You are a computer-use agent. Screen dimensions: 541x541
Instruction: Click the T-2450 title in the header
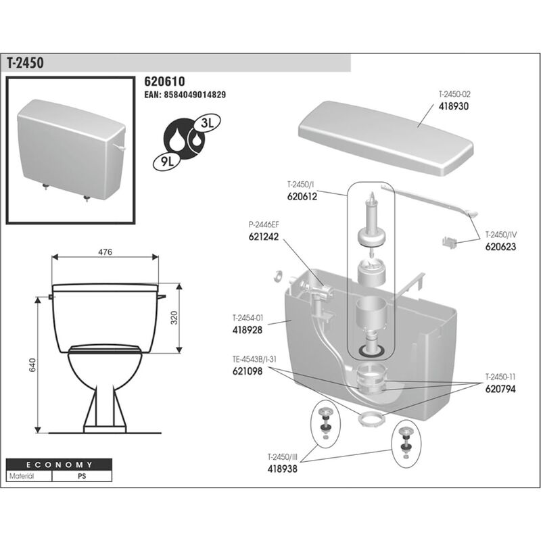26,62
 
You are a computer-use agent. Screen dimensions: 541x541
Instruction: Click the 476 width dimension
105,252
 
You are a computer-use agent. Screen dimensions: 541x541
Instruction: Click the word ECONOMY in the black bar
60,465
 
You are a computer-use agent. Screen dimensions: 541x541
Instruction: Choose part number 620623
500,247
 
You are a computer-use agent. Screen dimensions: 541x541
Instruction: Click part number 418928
247,329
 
